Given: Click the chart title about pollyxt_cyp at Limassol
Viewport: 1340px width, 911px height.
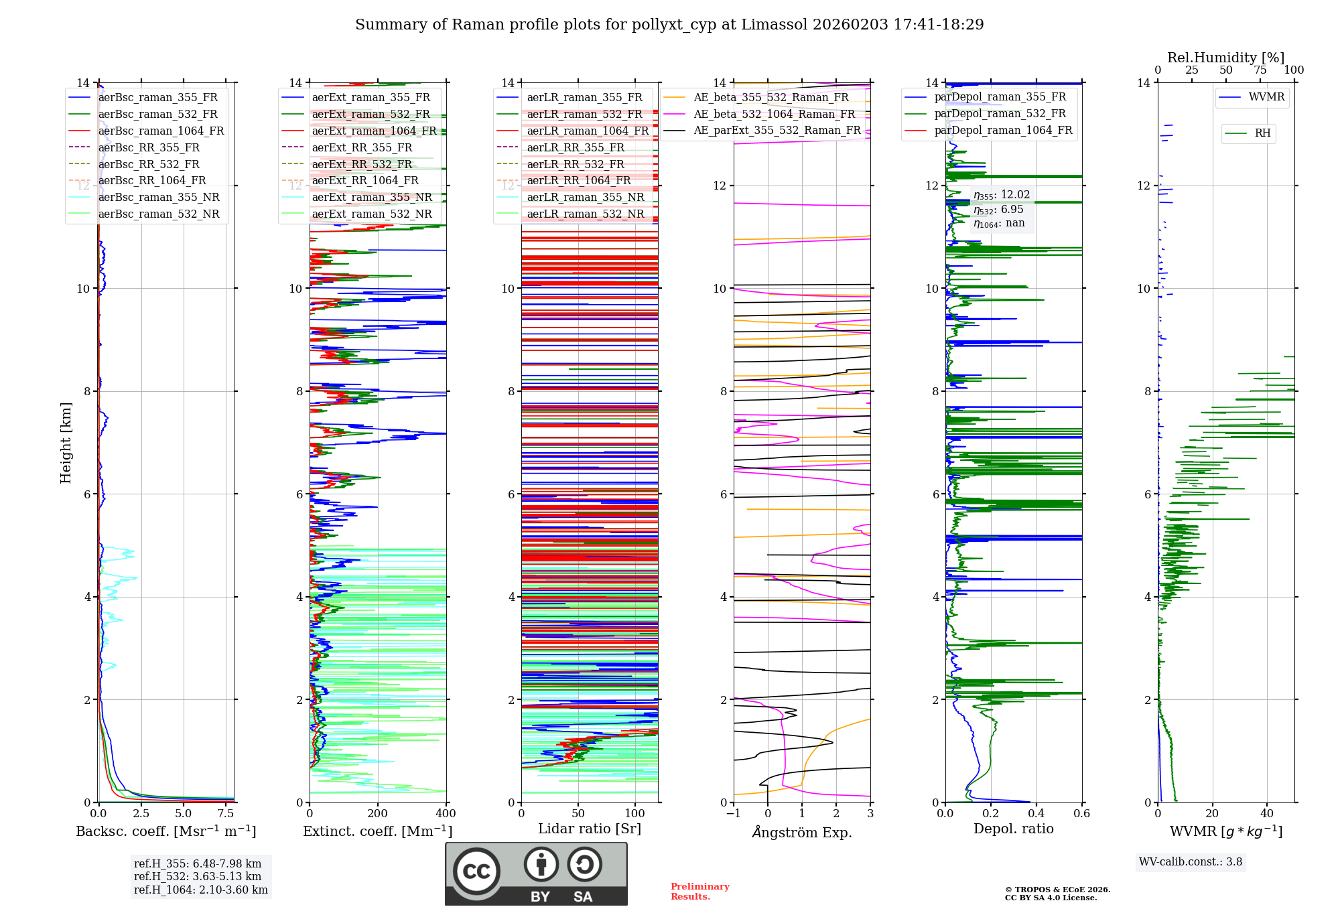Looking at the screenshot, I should [x=669, y=25].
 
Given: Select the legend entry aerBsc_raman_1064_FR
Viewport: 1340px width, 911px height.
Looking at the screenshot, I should [x=161, y=131].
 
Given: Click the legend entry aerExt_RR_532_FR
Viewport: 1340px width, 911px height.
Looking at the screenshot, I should [x=362, y=164].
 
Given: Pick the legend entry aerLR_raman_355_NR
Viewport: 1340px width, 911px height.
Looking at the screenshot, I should [x=585, y=197].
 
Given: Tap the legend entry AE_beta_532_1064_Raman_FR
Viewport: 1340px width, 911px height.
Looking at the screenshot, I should [x=774, y=114].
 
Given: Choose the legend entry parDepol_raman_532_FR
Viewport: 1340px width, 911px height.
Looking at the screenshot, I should [x=1000, y=114].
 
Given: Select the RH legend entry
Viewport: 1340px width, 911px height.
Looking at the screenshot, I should [x=1262, y=133].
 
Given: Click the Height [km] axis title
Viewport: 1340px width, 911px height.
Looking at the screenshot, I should [x=66, y=442].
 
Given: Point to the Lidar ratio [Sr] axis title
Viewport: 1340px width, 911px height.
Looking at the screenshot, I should [x=590, y=829].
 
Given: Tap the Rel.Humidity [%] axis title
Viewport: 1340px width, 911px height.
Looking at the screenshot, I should [x=1225, y=58].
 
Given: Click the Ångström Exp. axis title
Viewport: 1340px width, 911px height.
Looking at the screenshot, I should [x=802, y=832].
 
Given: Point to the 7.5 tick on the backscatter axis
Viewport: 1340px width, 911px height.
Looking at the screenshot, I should [x=226, y=814].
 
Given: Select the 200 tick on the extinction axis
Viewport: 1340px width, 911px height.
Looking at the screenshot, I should [x=378, y=814].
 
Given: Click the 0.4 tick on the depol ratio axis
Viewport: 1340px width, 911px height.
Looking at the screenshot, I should [x=1036, y=814].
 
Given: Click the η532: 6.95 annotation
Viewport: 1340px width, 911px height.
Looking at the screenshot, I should [x=998, y=210].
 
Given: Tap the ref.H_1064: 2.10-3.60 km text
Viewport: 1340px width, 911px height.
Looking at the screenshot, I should [x=201, y=890].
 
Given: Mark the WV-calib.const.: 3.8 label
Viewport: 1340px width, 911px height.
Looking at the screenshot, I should [x=1191, y=862].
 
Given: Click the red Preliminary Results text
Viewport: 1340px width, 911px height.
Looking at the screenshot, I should [x=699, y=891].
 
